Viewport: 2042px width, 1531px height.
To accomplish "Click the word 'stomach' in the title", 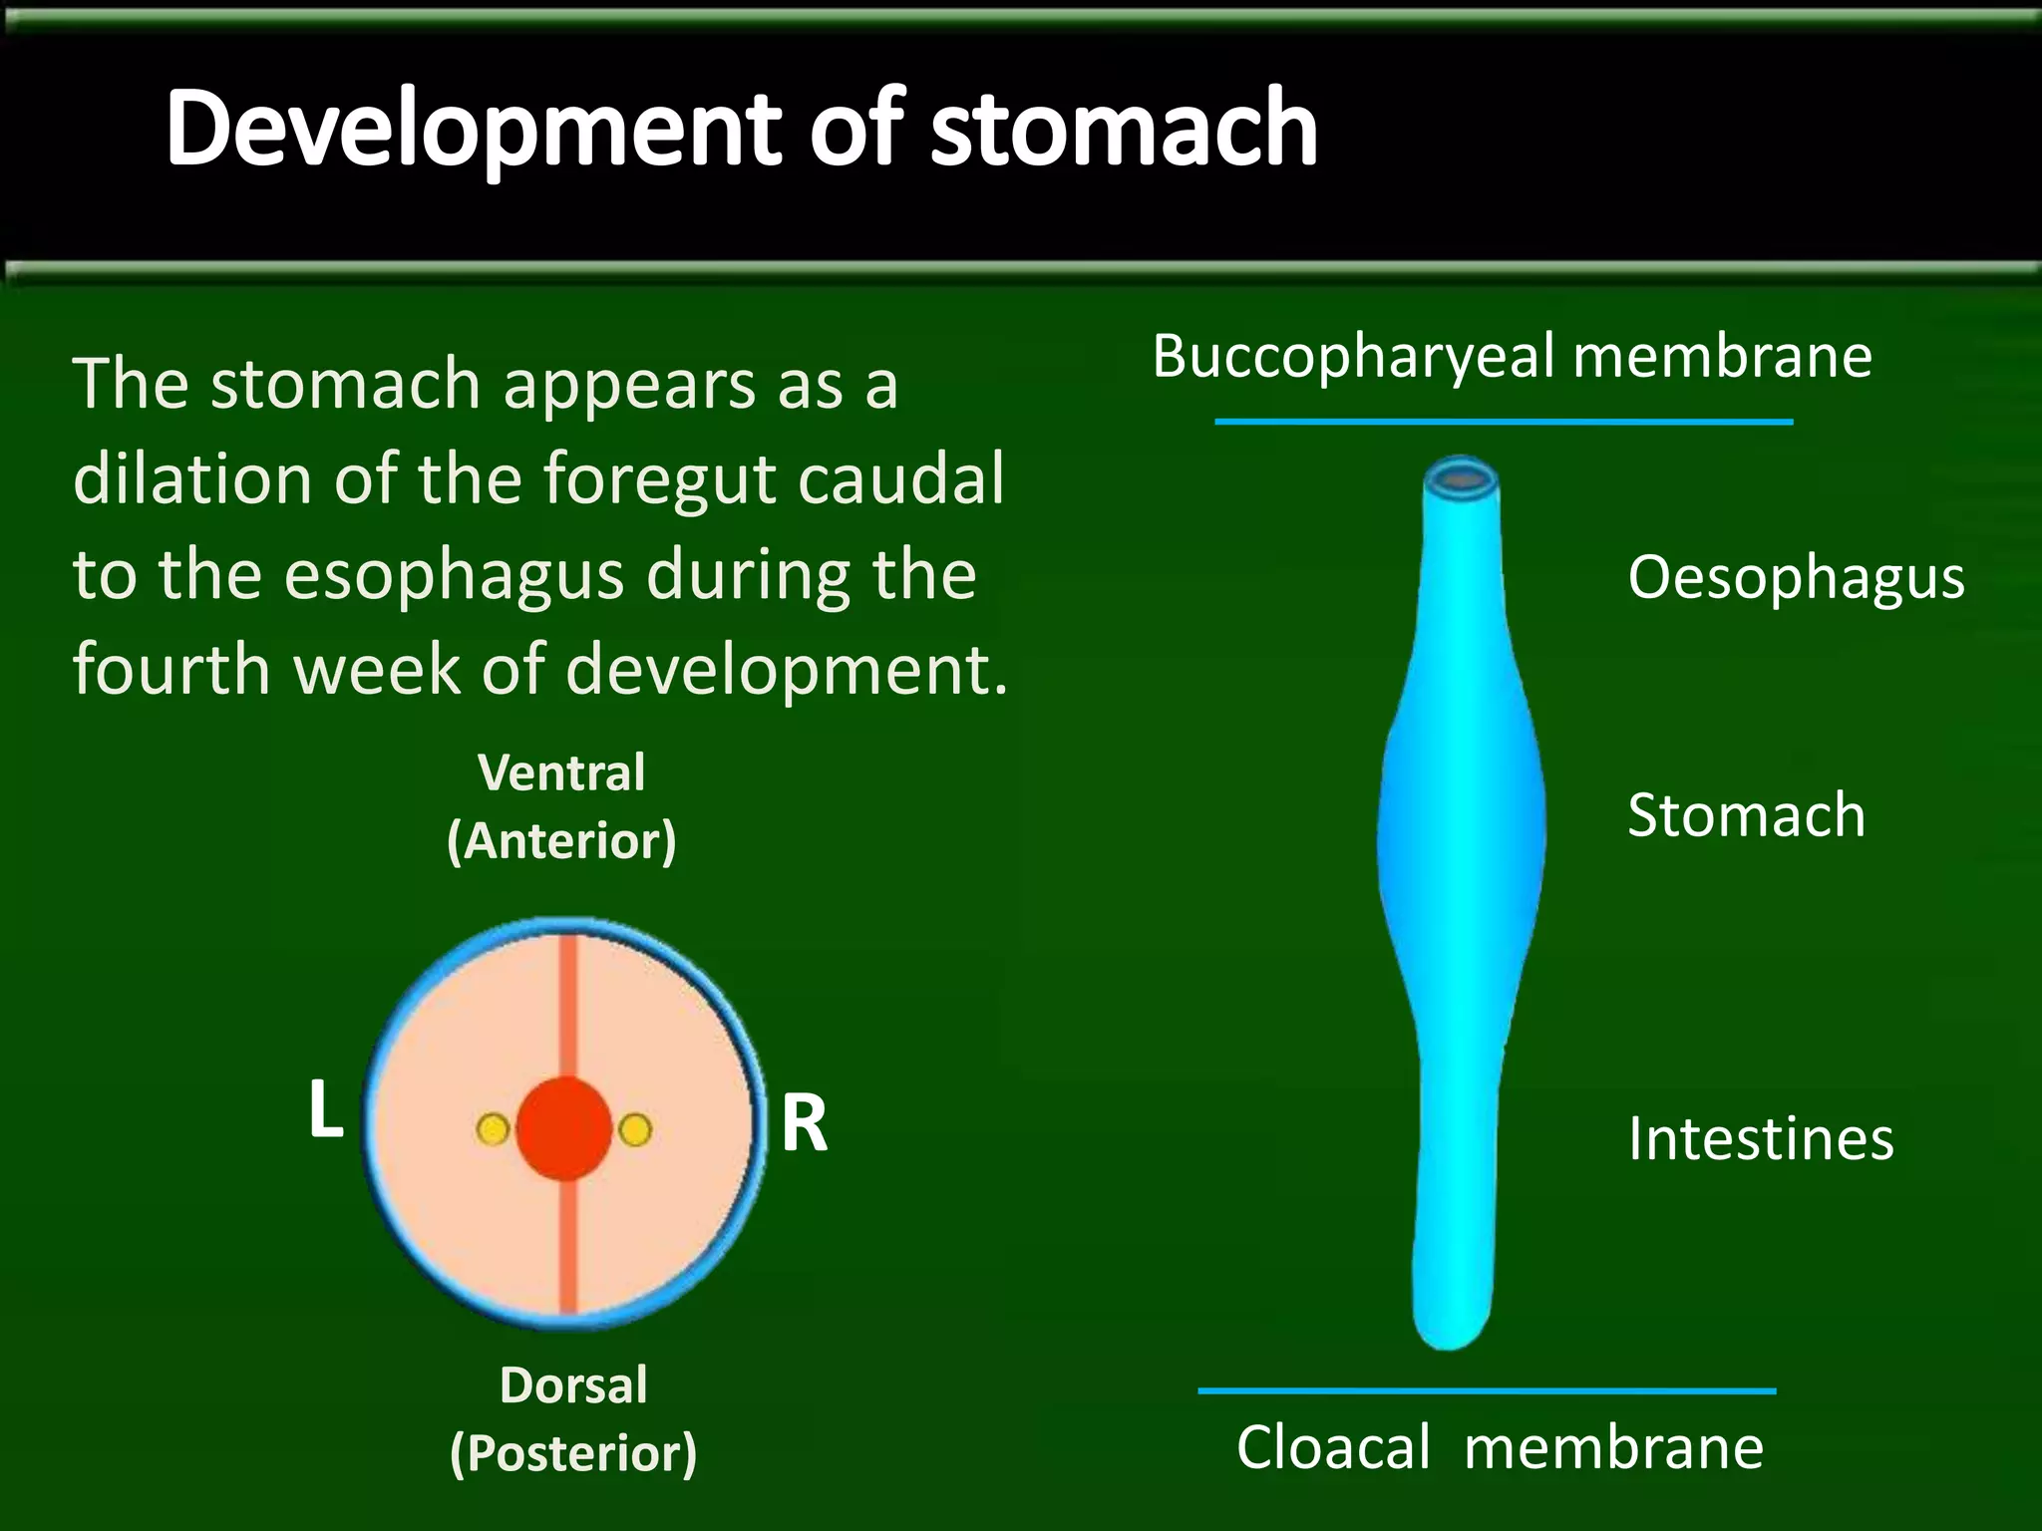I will click(1124, 130).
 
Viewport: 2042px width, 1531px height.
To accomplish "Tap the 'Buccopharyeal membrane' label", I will click(1512, 357).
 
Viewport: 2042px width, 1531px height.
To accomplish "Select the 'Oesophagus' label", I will click(1796, 577).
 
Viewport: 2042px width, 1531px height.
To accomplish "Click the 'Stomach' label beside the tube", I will click(1746, 815).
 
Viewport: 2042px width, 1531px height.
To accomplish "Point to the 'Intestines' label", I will click(1760, 1138).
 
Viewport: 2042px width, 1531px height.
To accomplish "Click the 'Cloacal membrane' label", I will click(1500, 1447).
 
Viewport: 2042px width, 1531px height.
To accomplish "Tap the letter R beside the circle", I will click(804, 1123).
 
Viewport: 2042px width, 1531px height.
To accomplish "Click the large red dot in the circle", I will click(564, 1128).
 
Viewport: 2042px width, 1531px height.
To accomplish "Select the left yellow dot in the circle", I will click(493, 1129).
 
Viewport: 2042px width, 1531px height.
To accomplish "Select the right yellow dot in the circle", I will click(635, 1129).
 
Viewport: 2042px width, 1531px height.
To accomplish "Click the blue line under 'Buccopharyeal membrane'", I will click(1504, 422).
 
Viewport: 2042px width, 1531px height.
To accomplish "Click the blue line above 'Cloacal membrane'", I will click(1487, 1390).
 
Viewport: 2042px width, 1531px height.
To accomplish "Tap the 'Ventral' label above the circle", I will click(561, 773).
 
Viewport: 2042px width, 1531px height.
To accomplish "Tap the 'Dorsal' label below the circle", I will click(573, 1385).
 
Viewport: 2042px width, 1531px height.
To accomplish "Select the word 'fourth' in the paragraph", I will click(170, 669).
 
